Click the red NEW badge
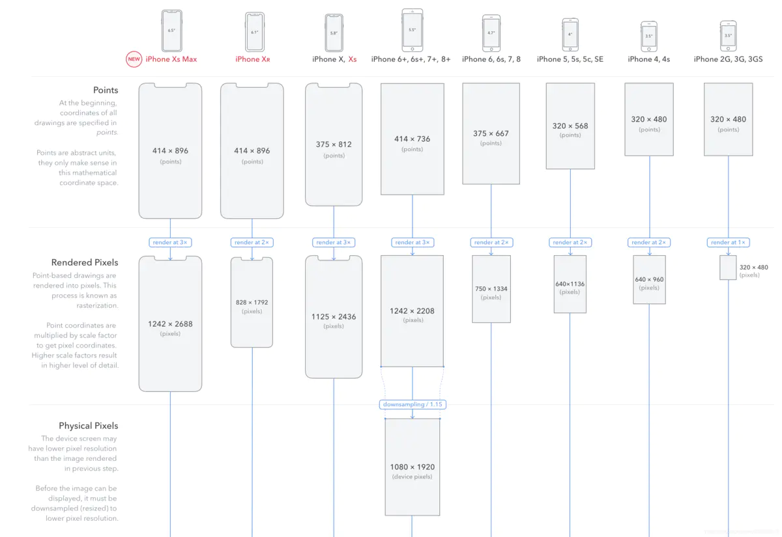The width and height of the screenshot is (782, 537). coord(134,59)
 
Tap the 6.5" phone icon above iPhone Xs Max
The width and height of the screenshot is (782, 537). coord(171,31)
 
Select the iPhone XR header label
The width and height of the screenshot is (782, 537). coord(252,59)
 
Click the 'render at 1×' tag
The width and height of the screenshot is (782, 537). coord(728,242)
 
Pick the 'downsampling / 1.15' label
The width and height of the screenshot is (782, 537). coord(413,404)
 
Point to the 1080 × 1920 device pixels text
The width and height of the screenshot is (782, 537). coord(413,471)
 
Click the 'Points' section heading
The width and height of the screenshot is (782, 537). coord(106,90)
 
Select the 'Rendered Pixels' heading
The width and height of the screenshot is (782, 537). coord(85,262)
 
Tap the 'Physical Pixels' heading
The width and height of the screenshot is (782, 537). coord(89,426)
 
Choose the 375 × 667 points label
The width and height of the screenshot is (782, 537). coord(491,137)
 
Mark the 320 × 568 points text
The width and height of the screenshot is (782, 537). coord(570,130)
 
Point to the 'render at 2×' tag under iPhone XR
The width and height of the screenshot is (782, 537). coord(252,242)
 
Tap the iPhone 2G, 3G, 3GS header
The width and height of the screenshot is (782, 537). coord(728,59)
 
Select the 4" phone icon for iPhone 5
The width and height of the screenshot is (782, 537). coord(570,34)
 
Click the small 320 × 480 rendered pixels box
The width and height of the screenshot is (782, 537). coord(728,268)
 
